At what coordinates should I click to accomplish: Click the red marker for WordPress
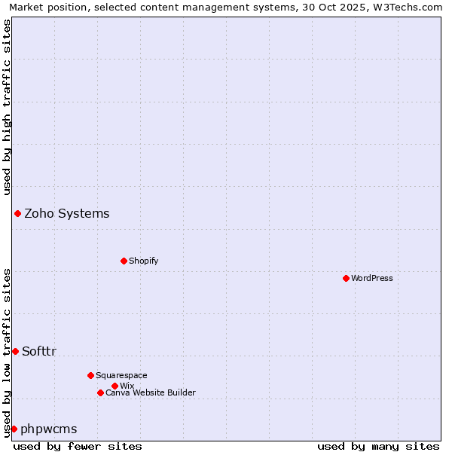pos(346,278)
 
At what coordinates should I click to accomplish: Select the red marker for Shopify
pos(124,261)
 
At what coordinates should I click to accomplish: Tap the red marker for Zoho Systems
pos(17,213)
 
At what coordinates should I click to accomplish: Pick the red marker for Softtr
pos(15,351)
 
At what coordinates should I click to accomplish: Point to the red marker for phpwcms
pos(14,429)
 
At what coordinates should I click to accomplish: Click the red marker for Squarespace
pos(90,375)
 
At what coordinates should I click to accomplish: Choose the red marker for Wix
pos(115,386)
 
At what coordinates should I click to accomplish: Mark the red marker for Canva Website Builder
pos(100,392)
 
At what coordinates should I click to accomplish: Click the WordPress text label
pos(372,278)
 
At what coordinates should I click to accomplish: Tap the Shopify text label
pos(144,261)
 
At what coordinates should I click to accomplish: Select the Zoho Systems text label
pos(67,213)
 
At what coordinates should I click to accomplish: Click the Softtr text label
pos(39,351)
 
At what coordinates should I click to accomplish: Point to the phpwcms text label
pos(49,429)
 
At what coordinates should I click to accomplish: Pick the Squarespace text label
pos(121,375)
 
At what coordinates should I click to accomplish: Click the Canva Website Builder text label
pos(151,392)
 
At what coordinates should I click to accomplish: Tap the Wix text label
pos(127,386)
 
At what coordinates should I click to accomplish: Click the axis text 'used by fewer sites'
pos(78,446)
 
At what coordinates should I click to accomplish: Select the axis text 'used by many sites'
pos(378,446)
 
